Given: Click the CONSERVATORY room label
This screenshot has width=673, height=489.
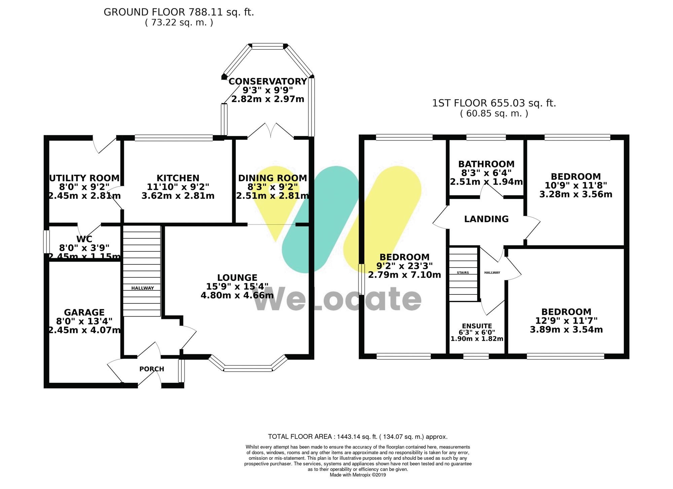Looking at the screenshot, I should coord(268,81).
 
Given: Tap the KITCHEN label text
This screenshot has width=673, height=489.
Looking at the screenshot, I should coord(178,178).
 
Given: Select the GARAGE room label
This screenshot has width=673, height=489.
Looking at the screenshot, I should coord(84,313).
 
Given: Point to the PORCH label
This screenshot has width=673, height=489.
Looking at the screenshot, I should coord(152,369).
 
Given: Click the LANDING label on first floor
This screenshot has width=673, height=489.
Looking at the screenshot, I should coord(486,219).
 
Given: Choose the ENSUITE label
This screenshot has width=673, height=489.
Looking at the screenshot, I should coord(477,326).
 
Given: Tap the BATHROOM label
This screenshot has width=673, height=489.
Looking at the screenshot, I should coord(486,164).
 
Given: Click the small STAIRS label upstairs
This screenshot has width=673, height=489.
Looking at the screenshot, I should coord(463,273).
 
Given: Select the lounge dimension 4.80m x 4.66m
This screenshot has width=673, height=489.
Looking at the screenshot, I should coord(237,295).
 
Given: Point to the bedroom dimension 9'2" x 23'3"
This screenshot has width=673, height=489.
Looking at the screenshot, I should coord(404,266).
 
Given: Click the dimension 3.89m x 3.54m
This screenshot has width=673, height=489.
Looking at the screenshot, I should coord(566,330).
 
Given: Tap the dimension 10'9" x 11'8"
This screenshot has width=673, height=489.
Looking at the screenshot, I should coord(576,186).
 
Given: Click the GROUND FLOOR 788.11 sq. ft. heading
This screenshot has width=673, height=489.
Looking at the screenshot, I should coord(179,12).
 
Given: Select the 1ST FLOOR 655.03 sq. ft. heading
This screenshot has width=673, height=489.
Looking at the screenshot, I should coord(494,103).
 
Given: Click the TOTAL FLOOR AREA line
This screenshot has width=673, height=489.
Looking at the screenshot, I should coord(358,437).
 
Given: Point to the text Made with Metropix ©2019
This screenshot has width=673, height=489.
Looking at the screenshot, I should coord(358,475).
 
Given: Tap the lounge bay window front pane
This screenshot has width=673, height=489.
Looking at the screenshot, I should coord(248,369).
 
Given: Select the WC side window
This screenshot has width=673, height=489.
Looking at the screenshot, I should coord(46,241).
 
